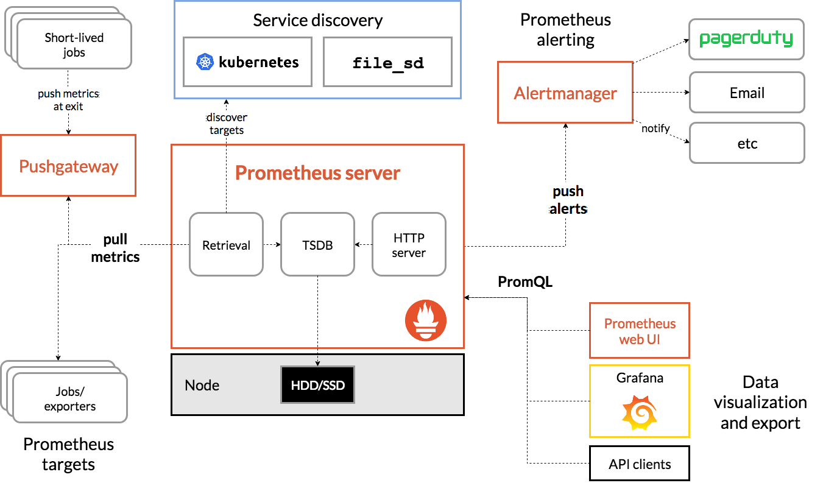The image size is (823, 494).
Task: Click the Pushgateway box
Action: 68,166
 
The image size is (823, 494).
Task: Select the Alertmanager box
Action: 565,93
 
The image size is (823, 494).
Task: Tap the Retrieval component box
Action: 226,244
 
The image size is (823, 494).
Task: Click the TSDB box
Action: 317,244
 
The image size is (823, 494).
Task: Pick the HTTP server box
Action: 409,244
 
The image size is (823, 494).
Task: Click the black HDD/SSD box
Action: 317,385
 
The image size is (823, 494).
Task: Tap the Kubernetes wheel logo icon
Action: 204,62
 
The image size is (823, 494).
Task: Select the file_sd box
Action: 388,62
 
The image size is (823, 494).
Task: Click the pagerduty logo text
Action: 746,39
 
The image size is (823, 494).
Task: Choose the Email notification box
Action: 747,93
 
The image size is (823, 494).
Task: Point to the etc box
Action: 747,143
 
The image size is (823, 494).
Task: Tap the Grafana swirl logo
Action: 638,412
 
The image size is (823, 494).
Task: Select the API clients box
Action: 640,464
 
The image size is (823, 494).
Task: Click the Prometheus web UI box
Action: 640,331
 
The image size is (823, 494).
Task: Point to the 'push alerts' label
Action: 568,200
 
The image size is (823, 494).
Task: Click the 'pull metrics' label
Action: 115,248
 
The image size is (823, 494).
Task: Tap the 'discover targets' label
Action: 227,123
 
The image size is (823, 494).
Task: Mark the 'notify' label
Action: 655,129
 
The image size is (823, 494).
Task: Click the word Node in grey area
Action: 202,385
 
